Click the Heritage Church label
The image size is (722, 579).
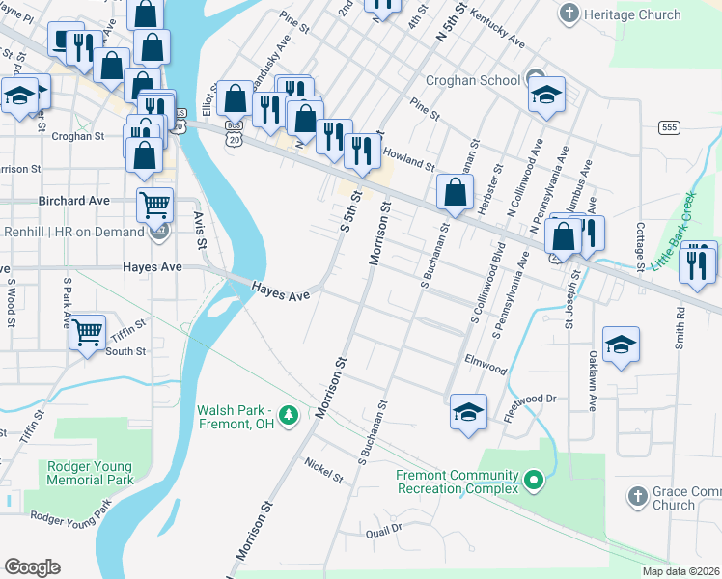click(x=634, y=14)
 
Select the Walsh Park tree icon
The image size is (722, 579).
click(x=288, y=415)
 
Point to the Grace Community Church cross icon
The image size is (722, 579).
click(x=635, y=496)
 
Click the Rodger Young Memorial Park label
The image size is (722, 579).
click(x=90, y=472)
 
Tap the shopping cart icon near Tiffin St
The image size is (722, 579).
click(x=88, y=333)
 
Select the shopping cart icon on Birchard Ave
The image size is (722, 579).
click(x=154, y=204)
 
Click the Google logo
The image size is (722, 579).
click(x=32, y=567)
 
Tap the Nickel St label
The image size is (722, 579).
click(x=323, y=470)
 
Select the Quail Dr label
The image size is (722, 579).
click(x=383, y=532)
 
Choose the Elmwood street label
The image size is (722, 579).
click(x=486, y=368)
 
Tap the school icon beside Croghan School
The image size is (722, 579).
click(x=546, y=94)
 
